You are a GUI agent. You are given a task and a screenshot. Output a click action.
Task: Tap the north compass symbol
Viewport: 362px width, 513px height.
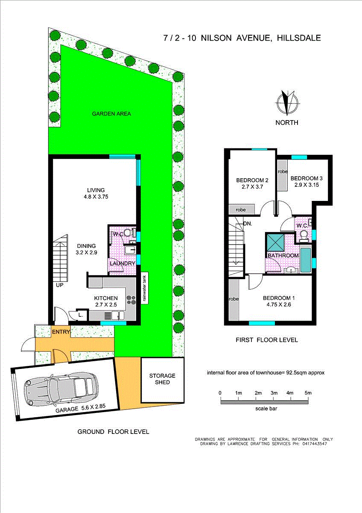[287, 103]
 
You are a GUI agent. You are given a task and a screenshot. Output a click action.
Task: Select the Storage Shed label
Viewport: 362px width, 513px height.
[162, 379]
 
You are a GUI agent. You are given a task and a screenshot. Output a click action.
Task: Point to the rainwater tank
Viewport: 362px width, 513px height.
[145, 288]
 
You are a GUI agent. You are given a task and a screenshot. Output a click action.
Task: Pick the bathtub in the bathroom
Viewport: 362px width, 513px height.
[306, 260]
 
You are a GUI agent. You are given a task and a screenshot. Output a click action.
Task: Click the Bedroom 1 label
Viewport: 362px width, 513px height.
[279, 298]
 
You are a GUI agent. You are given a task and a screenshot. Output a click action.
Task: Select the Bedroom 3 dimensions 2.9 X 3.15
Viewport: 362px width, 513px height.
[307, 185]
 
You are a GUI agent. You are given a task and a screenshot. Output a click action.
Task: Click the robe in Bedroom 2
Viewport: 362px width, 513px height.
[242, 209]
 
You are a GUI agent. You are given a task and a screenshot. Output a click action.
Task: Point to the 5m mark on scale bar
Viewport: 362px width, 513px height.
[308, 393]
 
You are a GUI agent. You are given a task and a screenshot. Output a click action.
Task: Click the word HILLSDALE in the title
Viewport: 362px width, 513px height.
[299, 38]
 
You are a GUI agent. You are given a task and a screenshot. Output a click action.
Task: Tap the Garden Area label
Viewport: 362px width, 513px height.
[111, 114]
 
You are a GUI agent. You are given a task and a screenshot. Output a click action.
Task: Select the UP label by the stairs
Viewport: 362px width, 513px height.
[60, 285]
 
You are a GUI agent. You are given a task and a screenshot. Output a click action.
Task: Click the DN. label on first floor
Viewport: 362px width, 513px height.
[248, 224]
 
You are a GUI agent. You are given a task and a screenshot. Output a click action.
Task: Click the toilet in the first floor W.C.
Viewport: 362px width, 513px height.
[304, 236]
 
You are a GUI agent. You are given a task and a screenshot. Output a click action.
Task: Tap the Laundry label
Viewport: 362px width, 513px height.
[123, 263]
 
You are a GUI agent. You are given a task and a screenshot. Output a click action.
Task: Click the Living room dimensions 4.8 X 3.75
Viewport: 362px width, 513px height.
[96, 197]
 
